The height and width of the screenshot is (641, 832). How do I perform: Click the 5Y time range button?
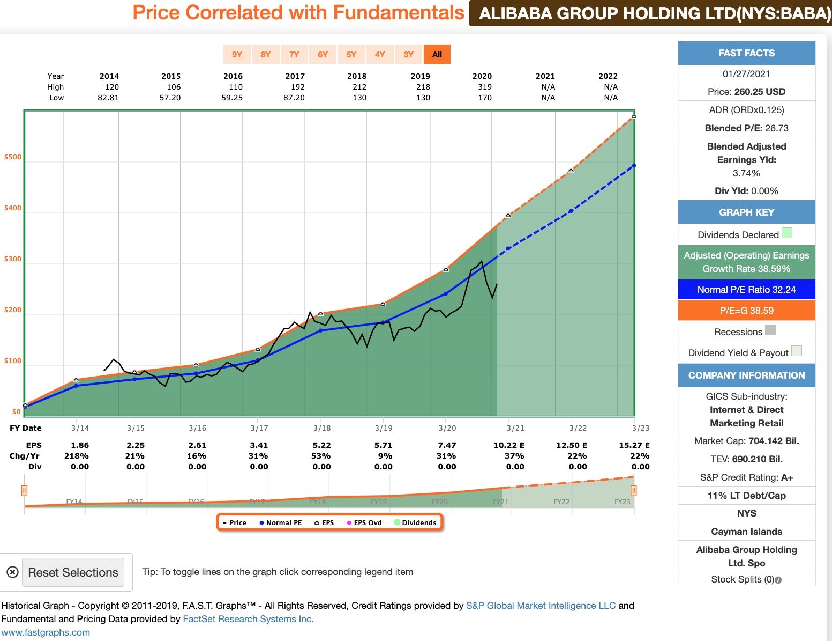[351, 54]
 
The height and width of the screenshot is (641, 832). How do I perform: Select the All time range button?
[437, 54]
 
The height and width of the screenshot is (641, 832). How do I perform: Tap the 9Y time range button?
[237, 54]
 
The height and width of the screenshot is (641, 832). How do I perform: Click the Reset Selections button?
[73, 572]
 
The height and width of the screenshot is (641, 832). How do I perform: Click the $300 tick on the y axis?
[13, 259]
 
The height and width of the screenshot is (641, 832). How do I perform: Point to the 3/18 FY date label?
[322, 428]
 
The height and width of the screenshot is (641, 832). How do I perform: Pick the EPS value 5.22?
[321, 445]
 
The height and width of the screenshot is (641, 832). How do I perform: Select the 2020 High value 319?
[485, 87]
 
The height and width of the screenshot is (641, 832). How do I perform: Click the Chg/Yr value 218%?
[77, 456]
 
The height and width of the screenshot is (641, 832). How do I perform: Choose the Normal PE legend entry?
[281, 522]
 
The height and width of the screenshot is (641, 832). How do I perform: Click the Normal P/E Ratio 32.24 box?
[746, 290]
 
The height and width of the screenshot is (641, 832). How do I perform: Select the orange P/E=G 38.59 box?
[746, 311]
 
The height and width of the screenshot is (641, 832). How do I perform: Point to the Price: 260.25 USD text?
[746, 92]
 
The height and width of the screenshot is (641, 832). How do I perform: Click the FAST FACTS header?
[746, 53]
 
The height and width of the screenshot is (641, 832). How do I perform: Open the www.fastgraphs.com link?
[46, 632]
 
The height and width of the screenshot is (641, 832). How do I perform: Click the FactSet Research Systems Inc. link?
[248, 619]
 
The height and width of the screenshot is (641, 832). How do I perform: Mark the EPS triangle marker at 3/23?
[634, 116]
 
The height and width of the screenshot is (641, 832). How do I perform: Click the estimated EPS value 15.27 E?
[634, 445]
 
